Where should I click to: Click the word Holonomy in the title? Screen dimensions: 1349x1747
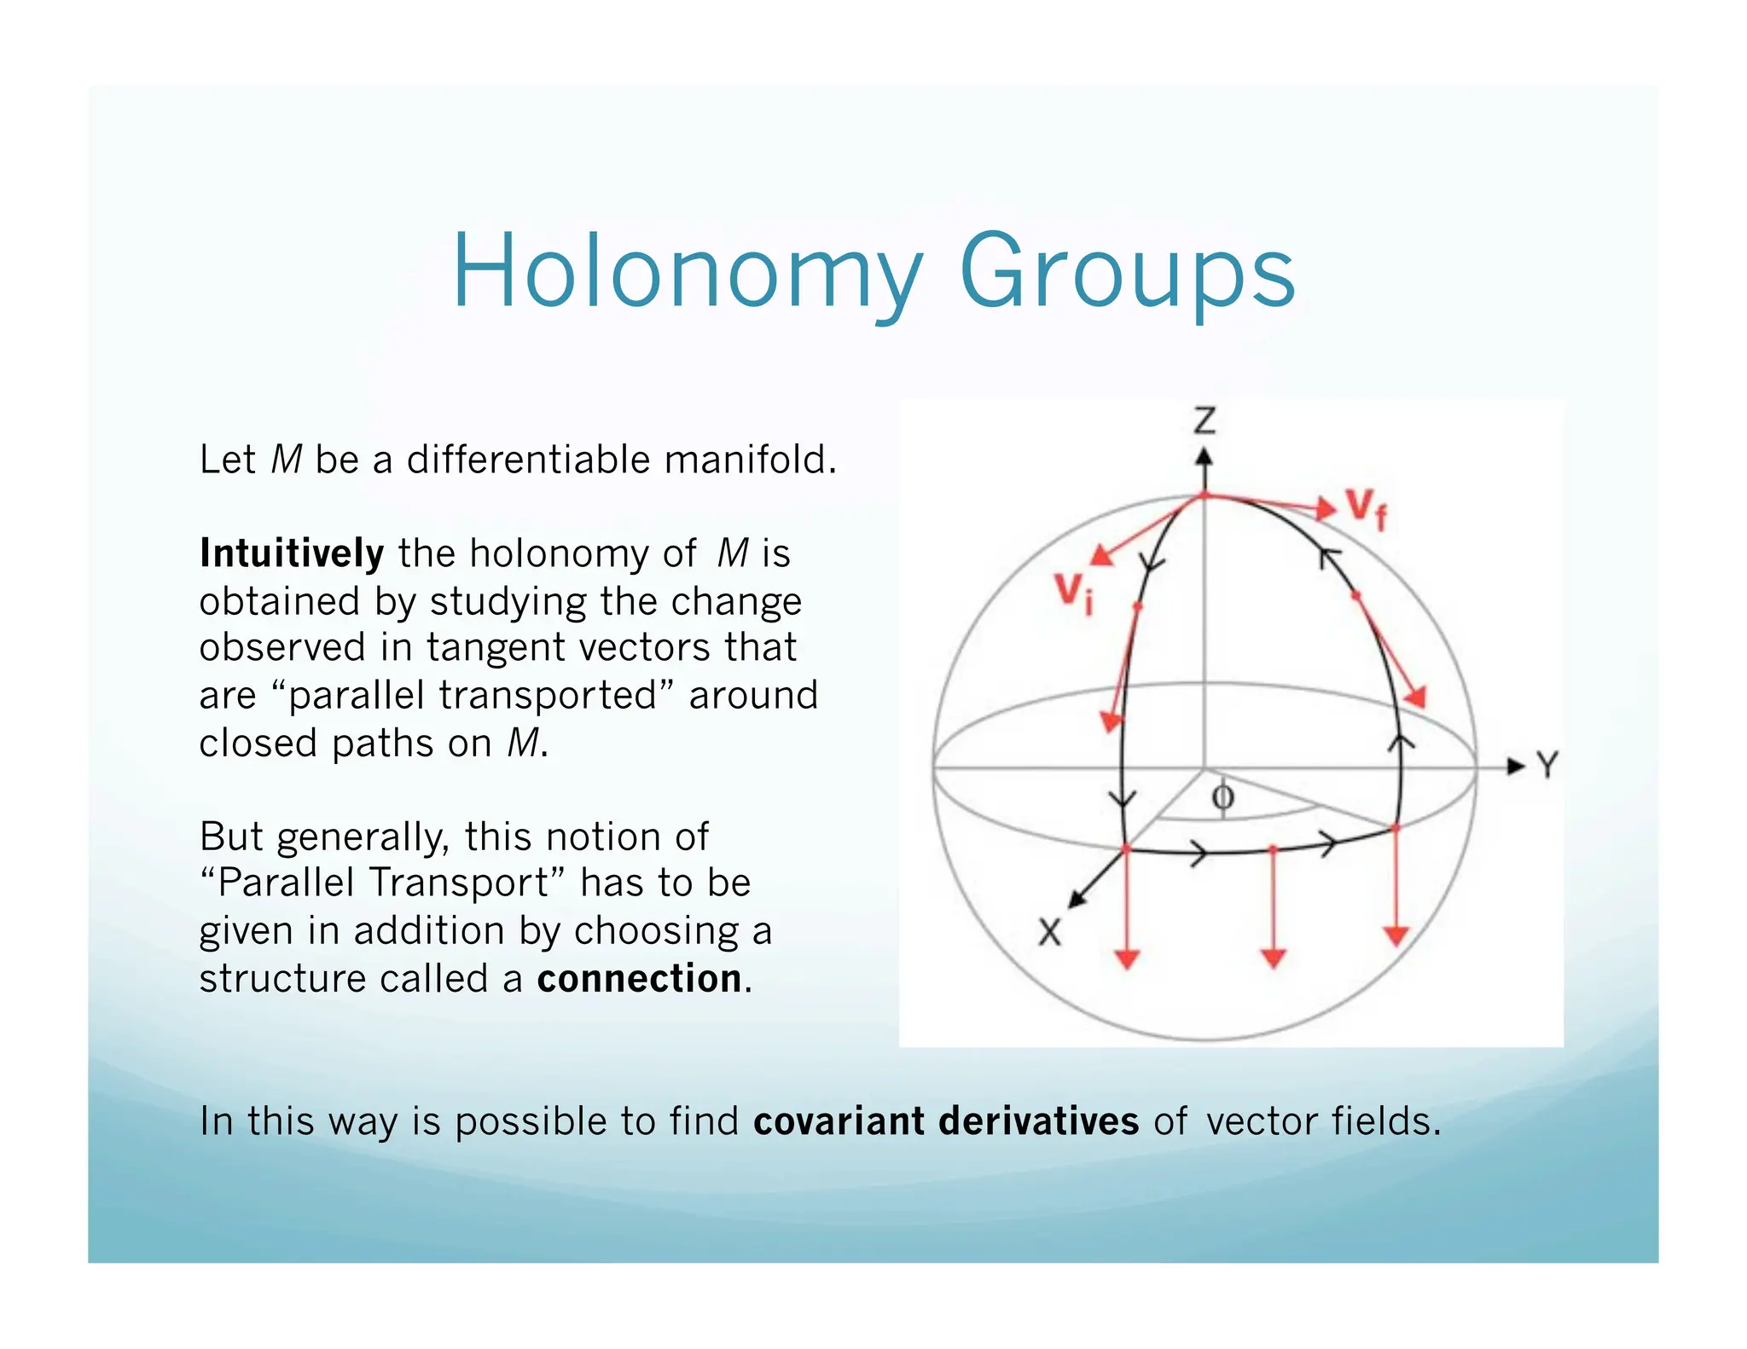(687, 273)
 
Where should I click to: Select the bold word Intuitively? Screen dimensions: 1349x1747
(292, 553)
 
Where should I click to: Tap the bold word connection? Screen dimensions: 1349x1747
(639, 978)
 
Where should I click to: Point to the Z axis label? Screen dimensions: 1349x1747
(1204, 421)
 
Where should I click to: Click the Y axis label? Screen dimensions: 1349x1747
(1547, 766)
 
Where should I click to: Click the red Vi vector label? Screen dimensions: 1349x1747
(1072, 592)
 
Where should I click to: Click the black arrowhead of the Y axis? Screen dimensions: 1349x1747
(1515, 766)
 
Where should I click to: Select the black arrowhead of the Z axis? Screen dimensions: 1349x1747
(1204, 458)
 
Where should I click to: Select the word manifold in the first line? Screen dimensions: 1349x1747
(749, 460)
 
